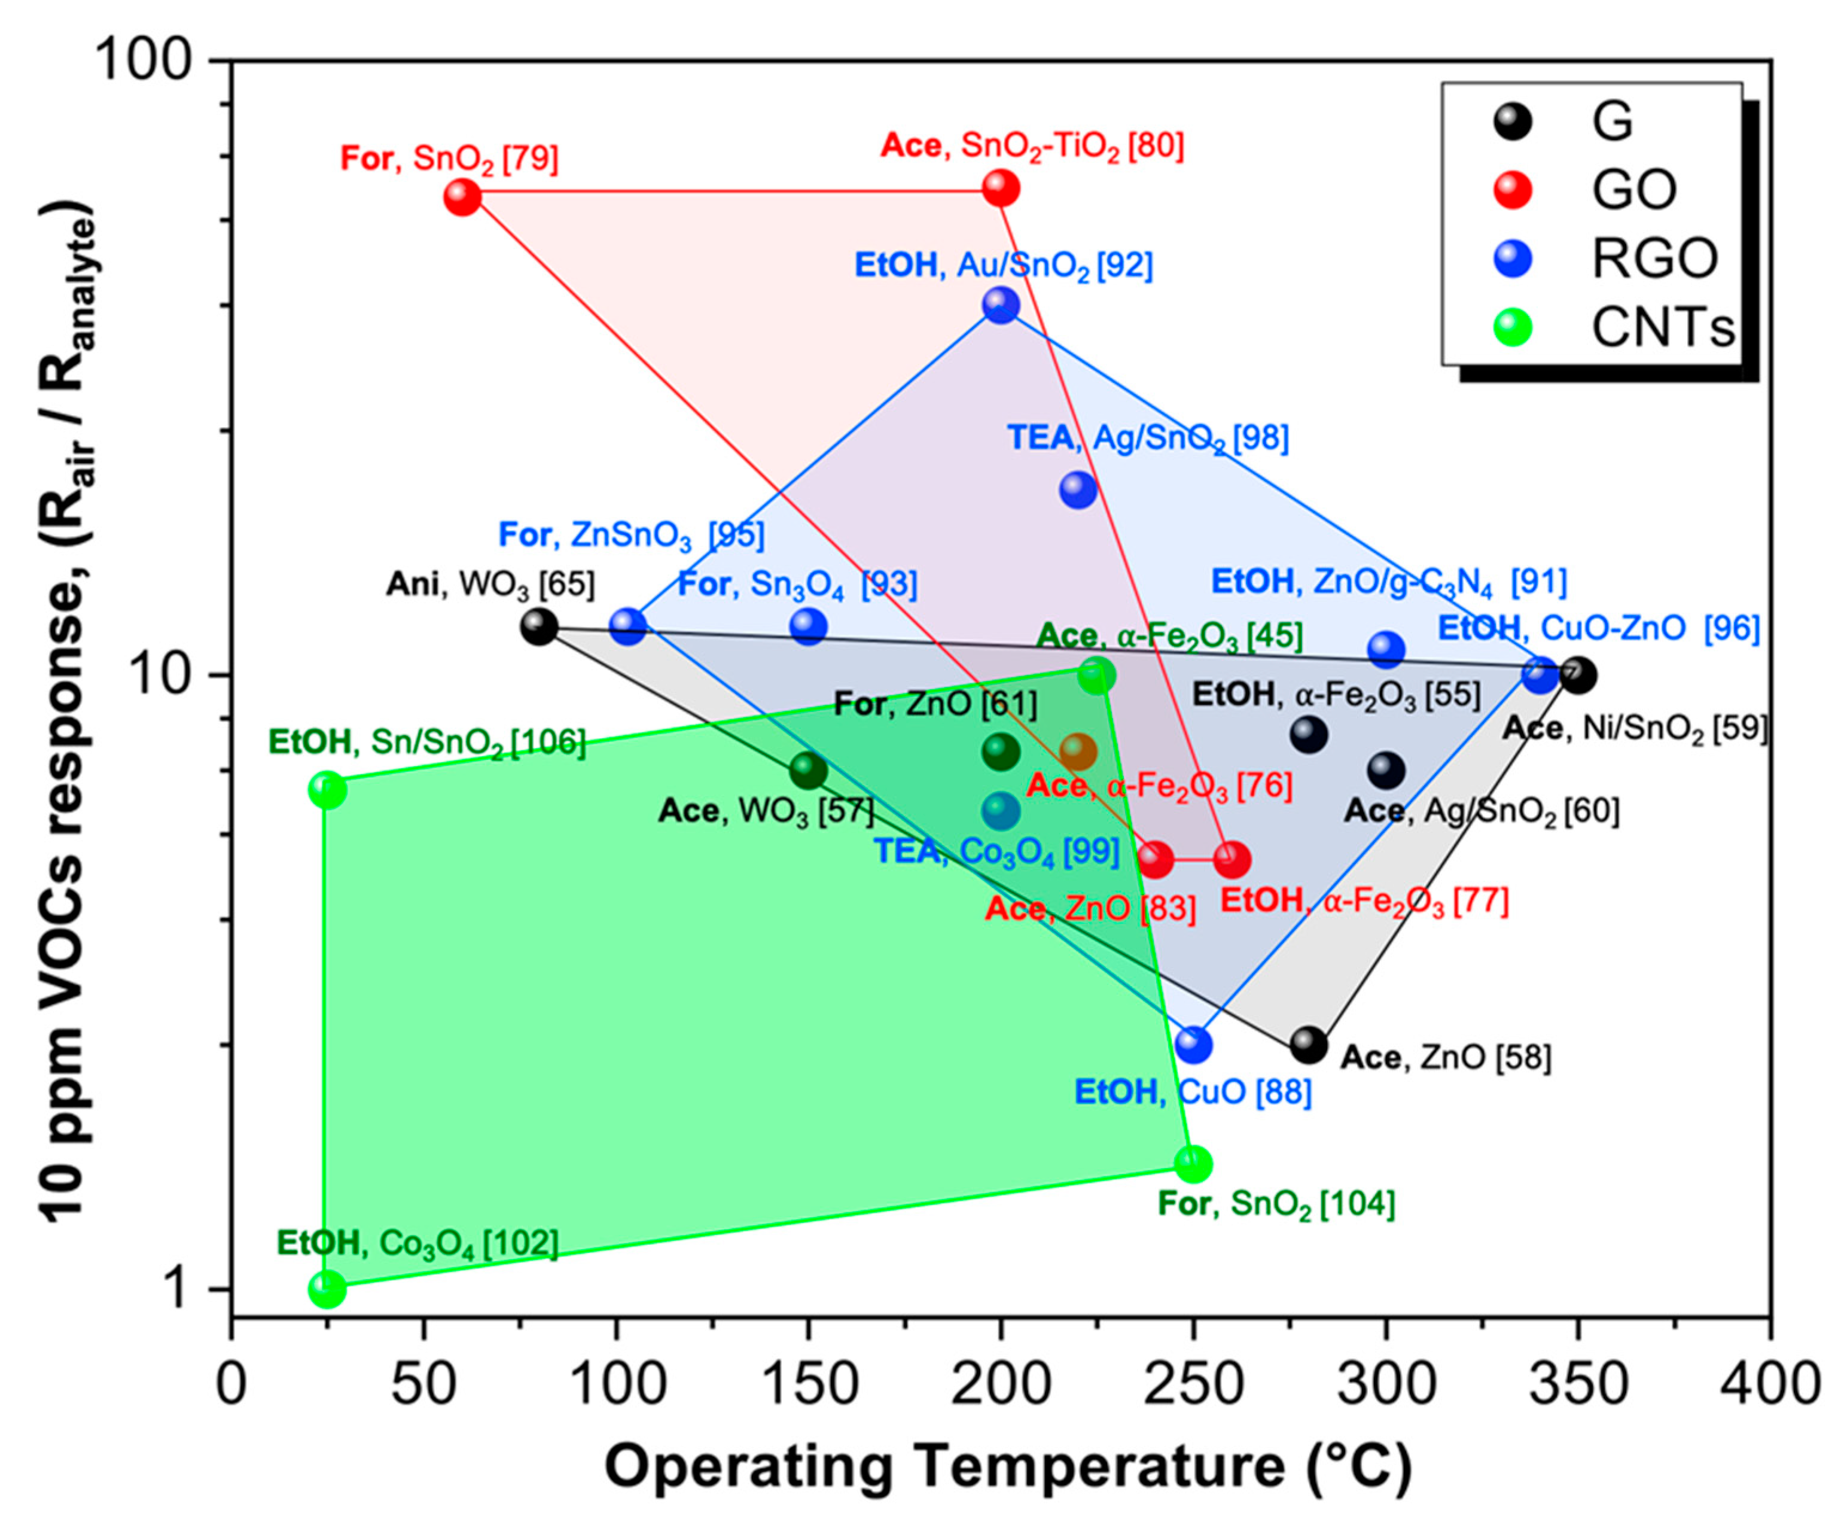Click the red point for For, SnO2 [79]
(x=462, y=197)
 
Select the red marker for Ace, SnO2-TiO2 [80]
(x=1001, y=187)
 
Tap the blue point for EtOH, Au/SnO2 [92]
(x=1001, y=305)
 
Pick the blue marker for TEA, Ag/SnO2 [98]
(x=1078, y=489)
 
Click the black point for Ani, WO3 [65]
(x=539, y=626)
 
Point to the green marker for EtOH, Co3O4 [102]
(x=327, y=1289)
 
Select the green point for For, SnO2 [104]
(x=1193, y=1165)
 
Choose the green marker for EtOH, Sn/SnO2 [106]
(x=327, y=790)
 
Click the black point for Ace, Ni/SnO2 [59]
(x=1578, y=675)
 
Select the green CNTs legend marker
(x=1513, y=328)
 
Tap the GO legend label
(x=1634, y=190)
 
